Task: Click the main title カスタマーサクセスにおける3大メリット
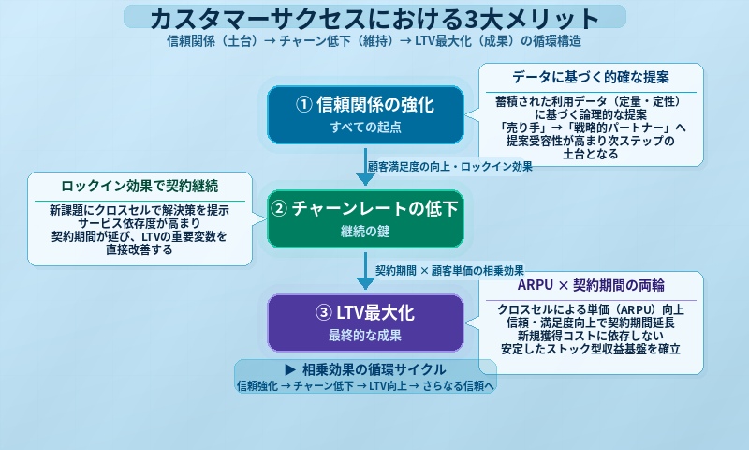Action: click(x=374, y=18)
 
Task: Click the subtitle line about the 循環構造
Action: click(x=374, y=42)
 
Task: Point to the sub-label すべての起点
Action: click(x=365, y=127)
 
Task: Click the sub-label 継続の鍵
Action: click(x=365, y=231)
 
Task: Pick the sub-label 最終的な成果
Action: click(x=365, y=335)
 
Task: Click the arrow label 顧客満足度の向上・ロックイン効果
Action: click(x=450, y=166)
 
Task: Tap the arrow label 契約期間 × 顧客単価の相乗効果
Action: click(x=449, y=270)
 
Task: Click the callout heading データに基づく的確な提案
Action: click(x=591, y=77)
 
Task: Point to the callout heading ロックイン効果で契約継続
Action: click(x=141, y=186)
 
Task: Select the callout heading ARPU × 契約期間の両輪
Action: click(x=591, y=285)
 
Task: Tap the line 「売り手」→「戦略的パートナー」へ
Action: click(x=591, y=127)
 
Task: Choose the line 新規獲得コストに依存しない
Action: click(x=591, y=336)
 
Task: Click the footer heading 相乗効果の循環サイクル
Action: click(x=365, y=369)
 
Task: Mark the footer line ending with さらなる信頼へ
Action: click(x=365, y=385)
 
